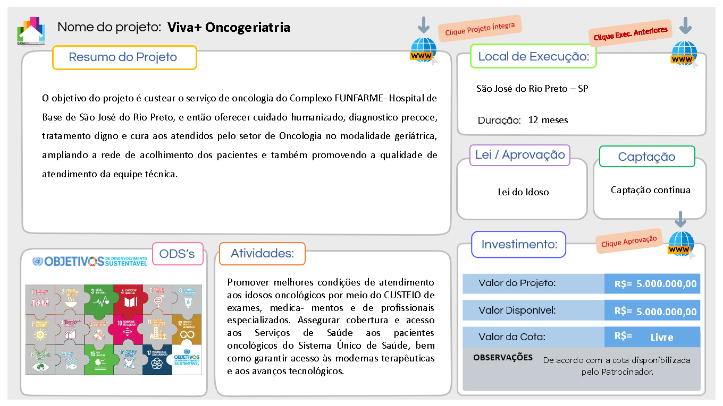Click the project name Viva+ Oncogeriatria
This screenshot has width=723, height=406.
pyautogui.click(x=229, y=27)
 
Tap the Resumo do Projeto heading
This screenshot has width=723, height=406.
pyautogui.click(x=123, y=57)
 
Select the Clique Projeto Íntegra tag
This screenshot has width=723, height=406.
pyautogui.click(x=480, y=29)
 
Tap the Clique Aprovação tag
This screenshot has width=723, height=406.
pyautogui.click(x=629, y=241)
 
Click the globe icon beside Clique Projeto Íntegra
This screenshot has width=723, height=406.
pyautogui.click(x=424, y=50)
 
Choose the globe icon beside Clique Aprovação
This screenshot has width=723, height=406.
pyautogui.click(x=681, y=245)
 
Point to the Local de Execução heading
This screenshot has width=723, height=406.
pyautogui.click(x=534, y=56)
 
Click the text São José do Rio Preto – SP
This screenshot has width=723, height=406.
pyautogui.click(x=532, y=89)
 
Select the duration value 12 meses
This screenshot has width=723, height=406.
pyautogui.click(x=548, y=120)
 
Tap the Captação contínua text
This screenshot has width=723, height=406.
pyautogui.click(x=650, y=190)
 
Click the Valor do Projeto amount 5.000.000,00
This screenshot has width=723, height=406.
pyautogui.click(x=666, y=284)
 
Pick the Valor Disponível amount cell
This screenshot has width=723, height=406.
pyautogui.click(x=653, y=311)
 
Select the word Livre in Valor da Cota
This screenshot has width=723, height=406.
pyautogui.click(x=661, y=338)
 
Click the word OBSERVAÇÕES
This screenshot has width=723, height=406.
pyautogui.click(x=502, y=358)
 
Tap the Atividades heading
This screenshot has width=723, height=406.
pyautogui.click(x=262, y=254)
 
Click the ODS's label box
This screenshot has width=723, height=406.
pyautogui.click(x=178, y=254)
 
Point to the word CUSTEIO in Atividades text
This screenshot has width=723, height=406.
pyautogui.click(x=396, y=295)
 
